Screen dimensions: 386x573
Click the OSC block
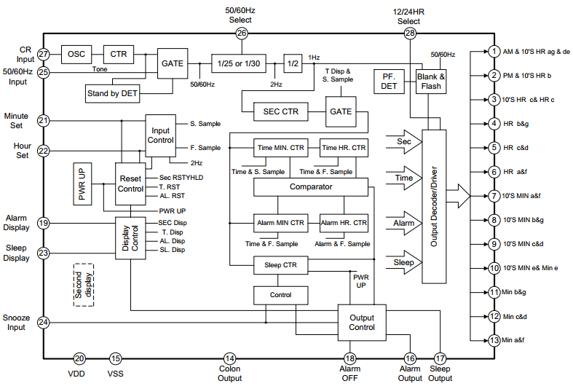point(76,54)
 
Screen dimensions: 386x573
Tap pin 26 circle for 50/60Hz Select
point(242,34)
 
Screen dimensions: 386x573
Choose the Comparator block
point(310,187)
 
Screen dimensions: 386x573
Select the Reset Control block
point(130,184)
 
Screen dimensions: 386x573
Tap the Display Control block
point(130,235)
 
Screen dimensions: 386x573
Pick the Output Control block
point(362,323)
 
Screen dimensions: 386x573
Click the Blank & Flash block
point(430,81)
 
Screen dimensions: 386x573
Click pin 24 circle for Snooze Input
point(44,322)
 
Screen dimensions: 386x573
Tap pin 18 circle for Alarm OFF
point(350,358)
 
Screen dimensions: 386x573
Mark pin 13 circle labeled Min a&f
point(494,340)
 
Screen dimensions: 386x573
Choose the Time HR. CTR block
point(344,148)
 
